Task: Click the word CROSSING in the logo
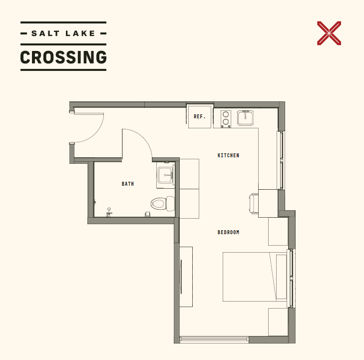63,57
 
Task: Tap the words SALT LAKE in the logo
63,33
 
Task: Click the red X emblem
329,33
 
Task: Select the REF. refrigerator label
200,116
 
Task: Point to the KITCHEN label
228,155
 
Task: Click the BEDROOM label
228,232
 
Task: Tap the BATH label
128,184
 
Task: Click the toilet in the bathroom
162,204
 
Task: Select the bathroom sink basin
165,175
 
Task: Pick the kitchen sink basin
245,118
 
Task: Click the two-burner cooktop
226,119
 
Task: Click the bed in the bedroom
255,277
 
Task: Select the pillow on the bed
281,277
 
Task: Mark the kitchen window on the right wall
281,160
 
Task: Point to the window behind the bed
291,278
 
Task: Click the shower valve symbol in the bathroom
109,212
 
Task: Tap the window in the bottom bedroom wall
214,339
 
